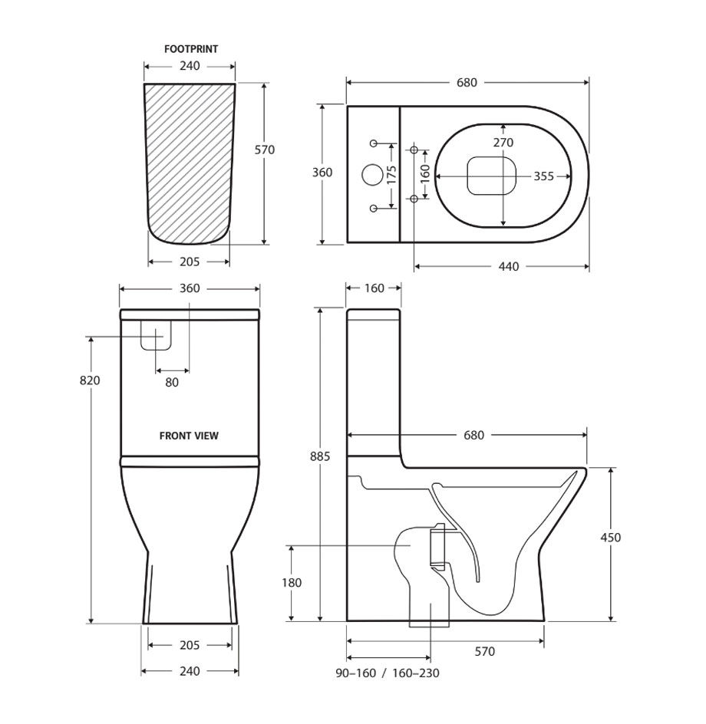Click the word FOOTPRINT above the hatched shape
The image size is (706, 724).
click(x=191, y=49)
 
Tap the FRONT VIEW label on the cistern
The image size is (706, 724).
click(x=189, y=436)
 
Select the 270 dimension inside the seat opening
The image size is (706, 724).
click(x=503, y=143)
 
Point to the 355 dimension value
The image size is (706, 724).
click(x=543, y=176)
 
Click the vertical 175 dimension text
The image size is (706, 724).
click(x=391, y=175)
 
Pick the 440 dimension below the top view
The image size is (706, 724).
click(x=508, y=267)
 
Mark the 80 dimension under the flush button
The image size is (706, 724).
click(x=171, y=382)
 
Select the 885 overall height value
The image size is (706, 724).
click(x=319, y=456)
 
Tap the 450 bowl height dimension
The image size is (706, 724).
click(x=611, y=538)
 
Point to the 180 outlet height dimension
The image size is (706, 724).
click(x=291, y=583)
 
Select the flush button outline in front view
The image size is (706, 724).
click(x=155, y=334)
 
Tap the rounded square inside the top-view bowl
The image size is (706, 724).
click(x=490, y=176)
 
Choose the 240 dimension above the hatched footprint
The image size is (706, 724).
click(x=190, y=67)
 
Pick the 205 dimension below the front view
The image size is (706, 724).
click(x=189, y=646)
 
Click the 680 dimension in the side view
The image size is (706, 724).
click(x=473, y=436)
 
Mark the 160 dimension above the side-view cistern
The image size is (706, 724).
click(x=374, y=289)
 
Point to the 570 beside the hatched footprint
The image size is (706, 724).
click(x=264, y=150)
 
